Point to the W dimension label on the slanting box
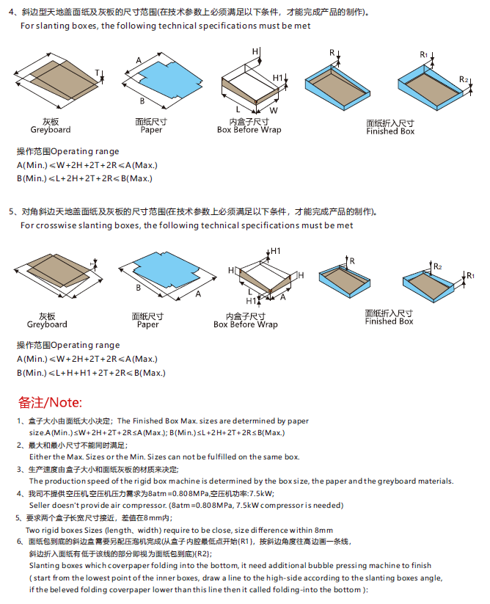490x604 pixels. (x=273, y=109)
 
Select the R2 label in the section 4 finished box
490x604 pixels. (x=464, y=79)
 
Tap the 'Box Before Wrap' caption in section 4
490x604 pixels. (x=249, y=130)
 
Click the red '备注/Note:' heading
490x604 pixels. (x=51, y=402)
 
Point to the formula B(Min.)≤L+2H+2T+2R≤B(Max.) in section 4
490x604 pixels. (x=84, y=178)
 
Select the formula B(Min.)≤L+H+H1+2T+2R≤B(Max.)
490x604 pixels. (x=91, y=373)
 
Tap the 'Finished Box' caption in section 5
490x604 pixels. (x=390, y=321)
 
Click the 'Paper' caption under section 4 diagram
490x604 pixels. (x=151, y=130)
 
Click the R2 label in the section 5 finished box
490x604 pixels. (x=437, y=266)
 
